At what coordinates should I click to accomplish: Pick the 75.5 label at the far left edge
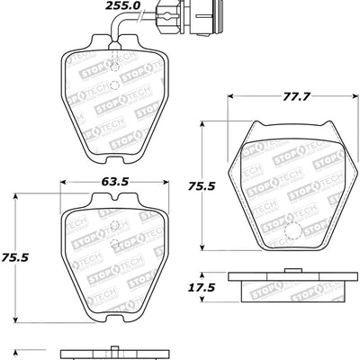pos(13,256)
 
